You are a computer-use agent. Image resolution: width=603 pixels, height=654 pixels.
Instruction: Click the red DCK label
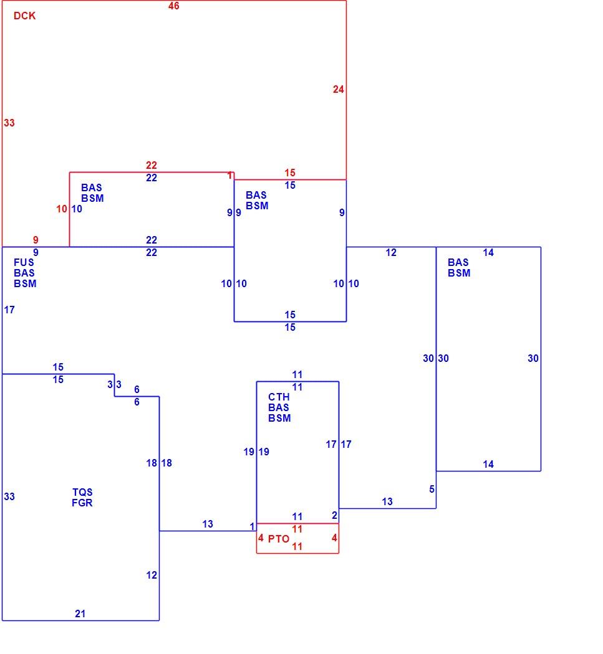25,16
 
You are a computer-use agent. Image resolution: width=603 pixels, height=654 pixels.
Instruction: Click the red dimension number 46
174,6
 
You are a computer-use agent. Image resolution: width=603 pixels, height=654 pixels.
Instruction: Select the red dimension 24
338,89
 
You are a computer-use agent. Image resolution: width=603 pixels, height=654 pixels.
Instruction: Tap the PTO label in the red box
279,539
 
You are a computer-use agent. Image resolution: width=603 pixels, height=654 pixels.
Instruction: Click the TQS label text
82,492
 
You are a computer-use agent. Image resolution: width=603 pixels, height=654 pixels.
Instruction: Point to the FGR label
82,503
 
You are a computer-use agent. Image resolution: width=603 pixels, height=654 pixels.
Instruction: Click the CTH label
279,397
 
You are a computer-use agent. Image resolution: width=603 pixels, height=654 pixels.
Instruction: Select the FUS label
24,262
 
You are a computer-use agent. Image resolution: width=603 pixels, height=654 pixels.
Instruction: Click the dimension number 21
80,614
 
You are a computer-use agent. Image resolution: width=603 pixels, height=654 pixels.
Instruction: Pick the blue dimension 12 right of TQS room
152,575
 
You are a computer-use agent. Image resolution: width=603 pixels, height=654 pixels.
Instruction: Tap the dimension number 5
432,489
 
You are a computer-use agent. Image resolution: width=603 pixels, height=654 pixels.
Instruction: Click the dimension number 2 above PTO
334,516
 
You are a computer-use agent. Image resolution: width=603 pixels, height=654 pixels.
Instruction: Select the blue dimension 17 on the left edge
9,310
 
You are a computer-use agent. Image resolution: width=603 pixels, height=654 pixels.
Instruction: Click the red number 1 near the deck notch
229,176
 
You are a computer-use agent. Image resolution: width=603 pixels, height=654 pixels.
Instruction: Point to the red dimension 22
152,165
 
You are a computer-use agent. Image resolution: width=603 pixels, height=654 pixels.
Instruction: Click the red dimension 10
61,209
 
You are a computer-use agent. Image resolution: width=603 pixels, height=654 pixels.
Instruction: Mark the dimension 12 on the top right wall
391,252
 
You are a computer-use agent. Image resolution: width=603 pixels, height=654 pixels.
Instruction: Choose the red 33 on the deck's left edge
9,123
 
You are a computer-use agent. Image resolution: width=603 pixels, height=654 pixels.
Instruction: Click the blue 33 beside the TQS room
9,497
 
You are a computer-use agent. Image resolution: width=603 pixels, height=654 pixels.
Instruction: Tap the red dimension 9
36,240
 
